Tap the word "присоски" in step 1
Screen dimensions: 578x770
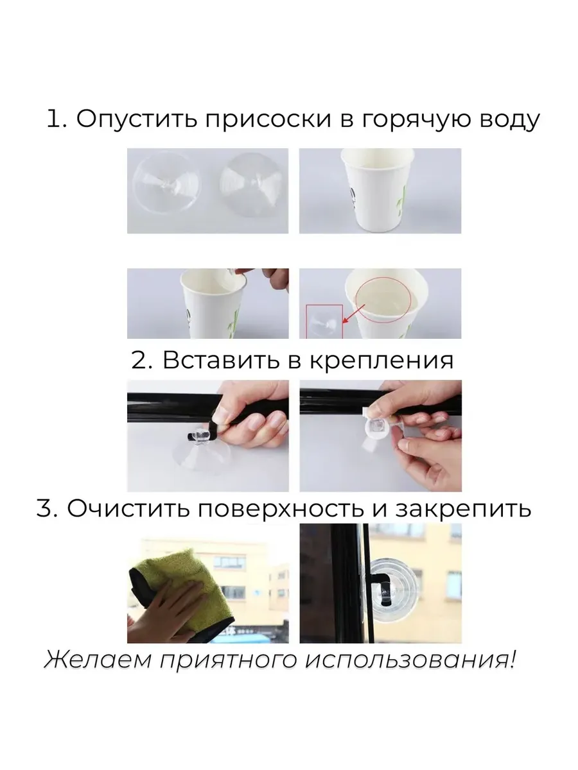[268, 119]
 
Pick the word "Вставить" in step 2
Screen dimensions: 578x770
[222, 360]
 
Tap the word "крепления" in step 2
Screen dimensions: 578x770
[381, 361]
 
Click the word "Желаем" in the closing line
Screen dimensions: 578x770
[98, 660]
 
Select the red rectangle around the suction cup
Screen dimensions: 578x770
[324, 321]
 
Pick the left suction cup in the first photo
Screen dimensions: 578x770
[166, 182]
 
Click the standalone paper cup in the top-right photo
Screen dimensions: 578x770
[378, 189]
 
